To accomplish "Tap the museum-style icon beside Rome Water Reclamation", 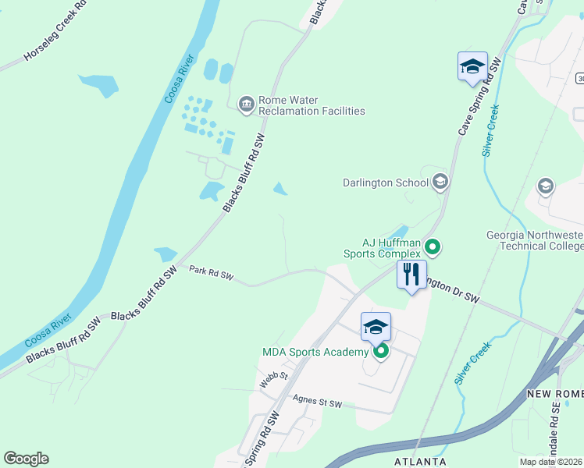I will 246,105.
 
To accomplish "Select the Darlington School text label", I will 386,183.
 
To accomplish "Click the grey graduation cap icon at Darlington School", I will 440,183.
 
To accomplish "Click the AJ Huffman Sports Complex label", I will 381,247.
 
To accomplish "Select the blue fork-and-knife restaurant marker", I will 411,275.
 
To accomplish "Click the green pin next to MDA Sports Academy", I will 381,352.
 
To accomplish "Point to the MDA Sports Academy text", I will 315,353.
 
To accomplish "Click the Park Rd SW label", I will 212,272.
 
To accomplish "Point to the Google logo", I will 26,459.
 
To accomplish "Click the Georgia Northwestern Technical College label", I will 534,240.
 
